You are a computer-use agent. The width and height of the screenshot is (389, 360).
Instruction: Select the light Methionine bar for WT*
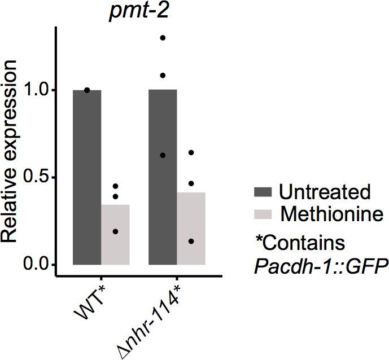[115, 234]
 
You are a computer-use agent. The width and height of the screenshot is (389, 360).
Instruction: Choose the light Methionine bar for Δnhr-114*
[191, 229]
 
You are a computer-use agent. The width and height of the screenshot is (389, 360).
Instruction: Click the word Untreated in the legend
[325, 192]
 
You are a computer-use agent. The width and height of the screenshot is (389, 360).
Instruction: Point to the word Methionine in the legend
[331, 214]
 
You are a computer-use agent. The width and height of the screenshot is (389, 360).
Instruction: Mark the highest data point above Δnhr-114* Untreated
[163, 38]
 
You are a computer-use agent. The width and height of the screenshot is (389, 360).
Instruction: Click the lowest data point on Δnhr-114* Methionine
[191, 242]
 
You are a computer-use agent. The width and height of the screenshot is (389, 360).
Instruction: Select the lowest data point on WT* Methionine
[115, 231]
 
